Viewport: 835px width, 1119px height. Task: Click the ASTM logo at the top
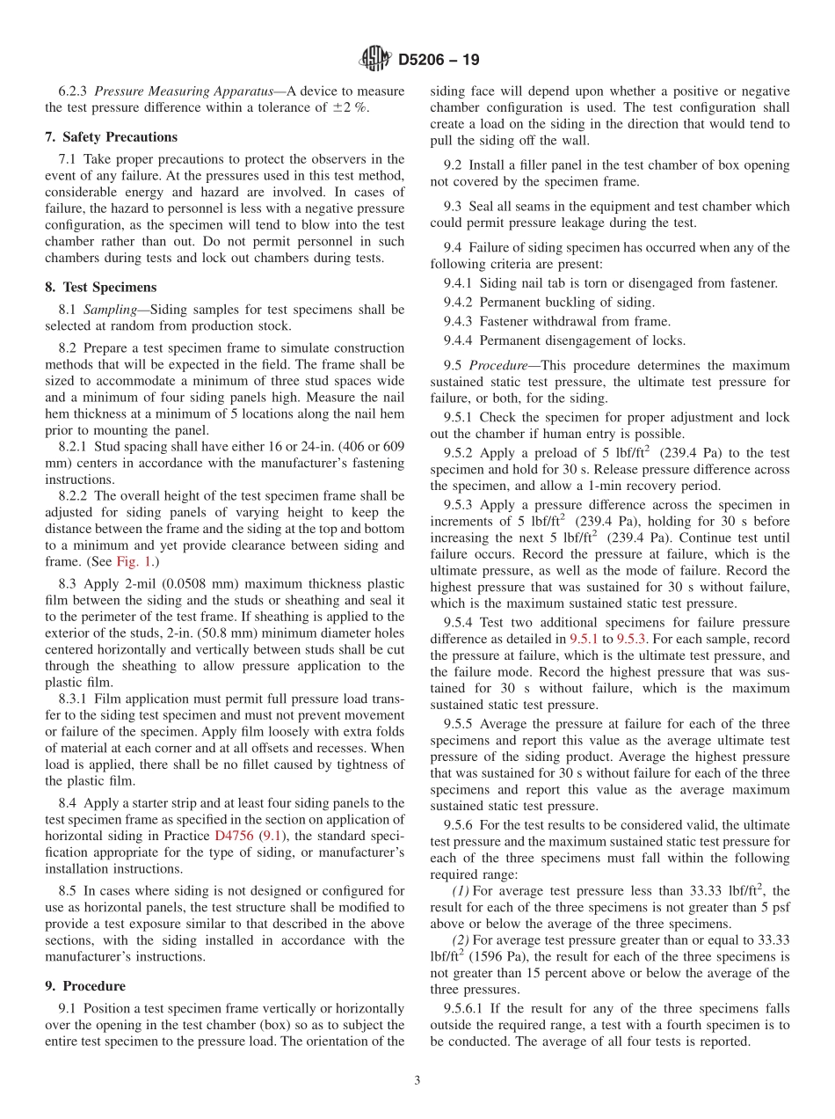[x=375, y=60]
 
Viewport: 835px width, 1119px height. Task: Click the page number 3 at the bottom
[x=417, y=1080]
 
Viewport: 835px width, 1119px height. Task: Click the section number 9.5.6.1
[x=468, y=1008]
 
